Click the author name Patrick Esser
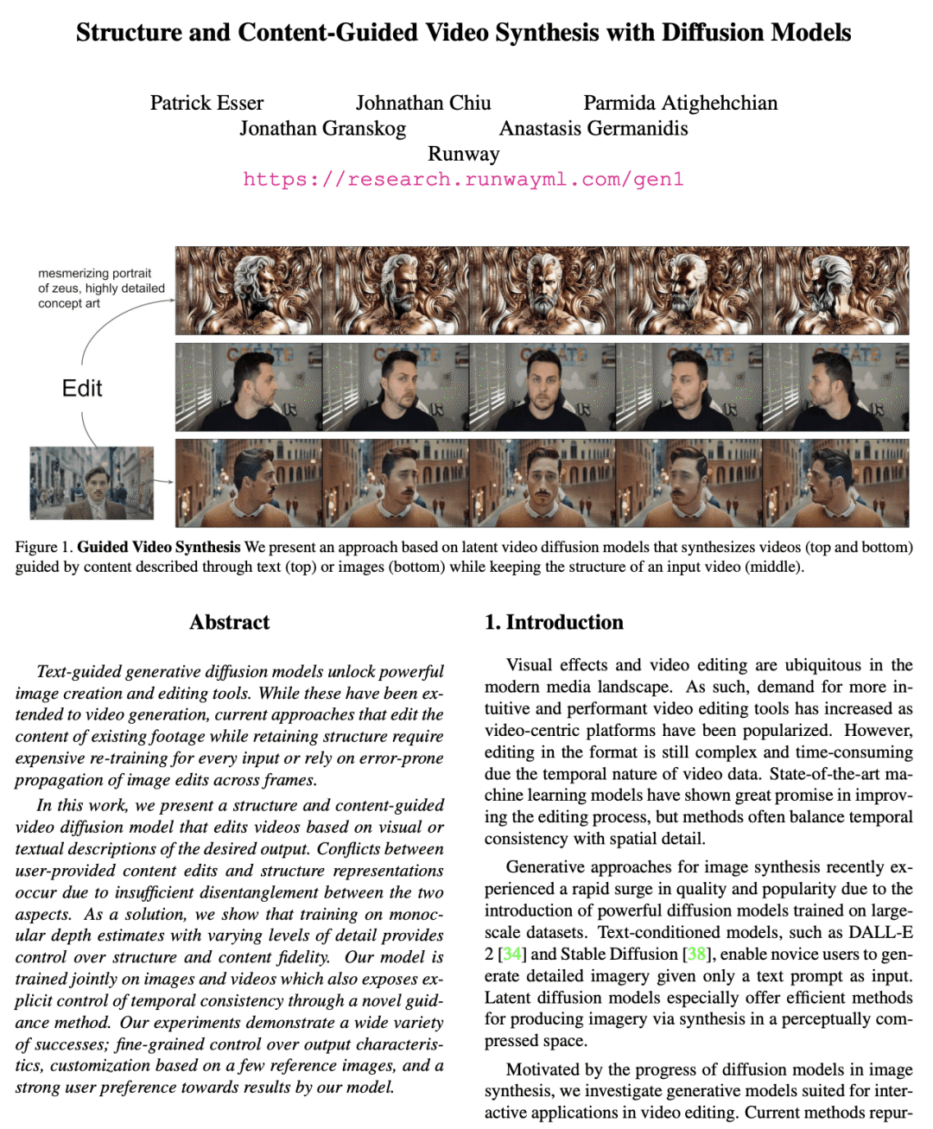coord(206,104)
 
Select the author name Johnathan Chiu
coord(423,104)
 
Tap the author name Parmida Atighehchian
coord(680,104)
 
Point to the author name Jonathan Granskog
coord(322,129)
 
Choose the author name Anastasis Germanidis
coord(593,129)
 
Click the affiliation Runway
coord(464,154)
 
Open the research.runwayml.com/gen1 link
coord(464,180)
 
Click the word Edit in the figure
coord(82,388)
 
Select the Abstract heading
coord(229,622)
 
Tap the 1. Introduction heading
coord(554,622)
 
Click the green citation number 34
coord(512,954)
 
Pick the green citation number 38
coord(696,954)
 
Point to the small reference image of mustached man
coord(92,483)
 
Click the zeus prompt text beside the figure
coord(100,289)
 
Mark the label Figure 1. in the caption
coord(44,547)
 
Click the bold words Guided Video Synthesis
coord(159,547)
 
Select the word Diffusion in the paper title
coord(712,33)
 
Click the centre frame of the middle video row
coord(542,388)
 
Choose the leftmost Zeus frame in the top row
coord(249,290)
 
